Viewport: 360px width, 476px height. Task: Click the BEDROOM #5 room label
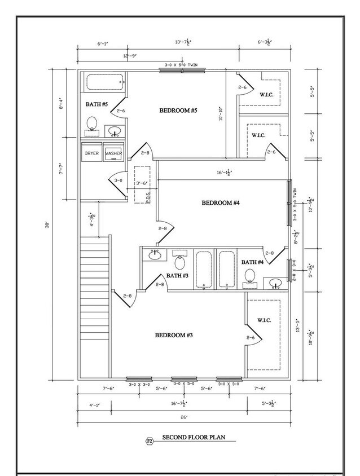pyautogui.click(x=178, y=110)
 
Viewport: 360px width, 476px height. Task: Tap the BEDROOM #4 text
pyautogui.click(x=221, y=202)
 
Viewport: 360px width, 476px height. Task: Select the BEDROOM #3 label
pyautogui.click(x=174, y=335)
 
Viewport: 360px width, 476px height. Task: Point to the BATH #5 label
pyautogui.click(x=96, y=104)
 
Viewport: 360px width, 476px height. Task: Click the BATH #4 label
pyautogui.click(x=252, y=262)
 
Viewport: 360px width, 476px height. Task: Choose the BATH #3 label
pyautogui.click(x=178, y=275)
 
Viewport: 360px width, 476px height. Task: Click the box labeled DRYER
pyautogui.click(x=92, y=153)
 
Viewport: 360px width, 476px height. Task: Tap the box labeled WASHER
pyautogui.click(x=113, y=153)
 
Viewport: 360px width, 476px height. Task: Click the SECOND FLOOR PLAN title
pyautogui.click(x=194, y=437)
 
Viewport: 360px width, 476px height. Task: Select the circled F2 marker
pyautogui.click(x=150, y=438)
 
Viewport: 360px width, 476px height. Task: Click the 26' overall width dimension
pyautogui.click(x=185, y=417)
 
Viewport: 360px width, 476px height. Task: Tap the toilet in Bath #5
pyautogui.click(x=92, y=125)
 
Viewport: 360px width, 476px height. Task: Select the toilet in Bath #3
pyautogui.click(x=180, y=262)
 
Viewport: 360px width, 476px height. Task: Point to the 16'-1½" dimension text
pyautogui.click(x=226, y=173)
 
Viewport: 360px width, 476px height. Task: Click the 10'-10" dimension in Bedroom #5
pyautogui.click(x=221, y=114)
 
